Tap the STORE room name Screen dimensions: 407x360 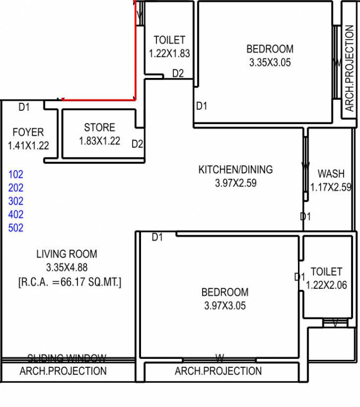pos(99,128)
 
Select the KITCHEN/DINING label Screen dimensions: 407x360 pos(235,170)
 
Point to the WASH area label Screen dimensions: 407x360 pos(331,174)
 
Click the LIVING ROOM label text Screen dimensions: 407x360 pos(67,254)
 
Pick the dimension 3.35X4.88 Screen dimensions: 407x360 pos(67,268)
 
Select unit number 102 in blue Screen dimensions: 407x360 pos(16,174)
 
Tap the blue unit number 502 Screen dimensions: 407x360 pos(16,228)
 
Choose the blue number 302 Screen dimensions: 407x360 pos(16,201)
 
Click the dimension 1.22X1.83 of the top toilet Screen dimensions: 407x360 pos(169,54)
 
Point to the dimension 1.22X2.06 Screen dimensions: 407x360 pos(326,285)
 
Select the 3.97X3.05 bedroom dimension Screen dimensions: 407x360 pos(225,306)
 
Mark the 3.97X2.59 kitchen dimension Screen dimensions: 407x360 pos(235,183)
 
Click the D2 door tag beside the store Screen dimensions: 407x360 pos(137,144)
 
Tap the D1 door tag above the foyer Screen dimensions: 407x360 pos(24,108)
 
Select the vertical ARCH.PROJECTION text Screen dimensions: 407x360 pos(349,68)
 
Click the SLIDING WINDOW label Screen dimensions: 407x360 pos(67,358)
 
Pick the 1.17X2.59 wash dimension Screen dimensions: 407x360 pos(331,187)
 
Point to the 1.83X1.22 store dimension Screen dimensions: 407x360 pos(99,141)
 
